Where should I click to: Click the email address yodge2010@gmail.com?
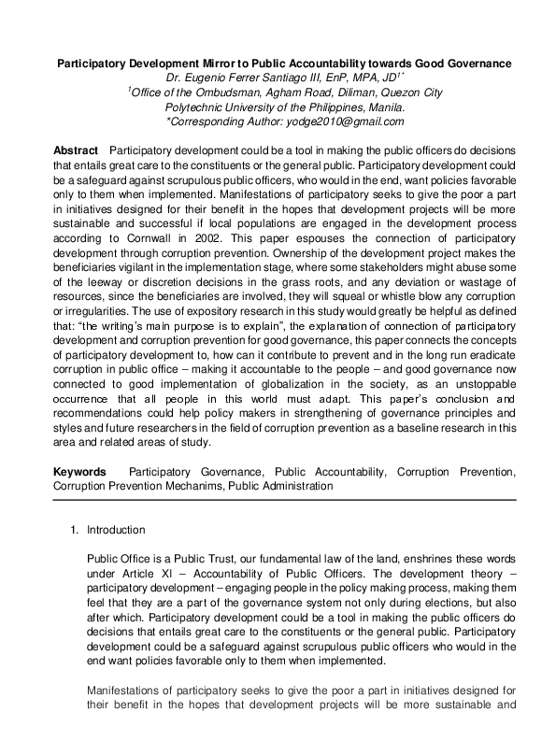[345, 121]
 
